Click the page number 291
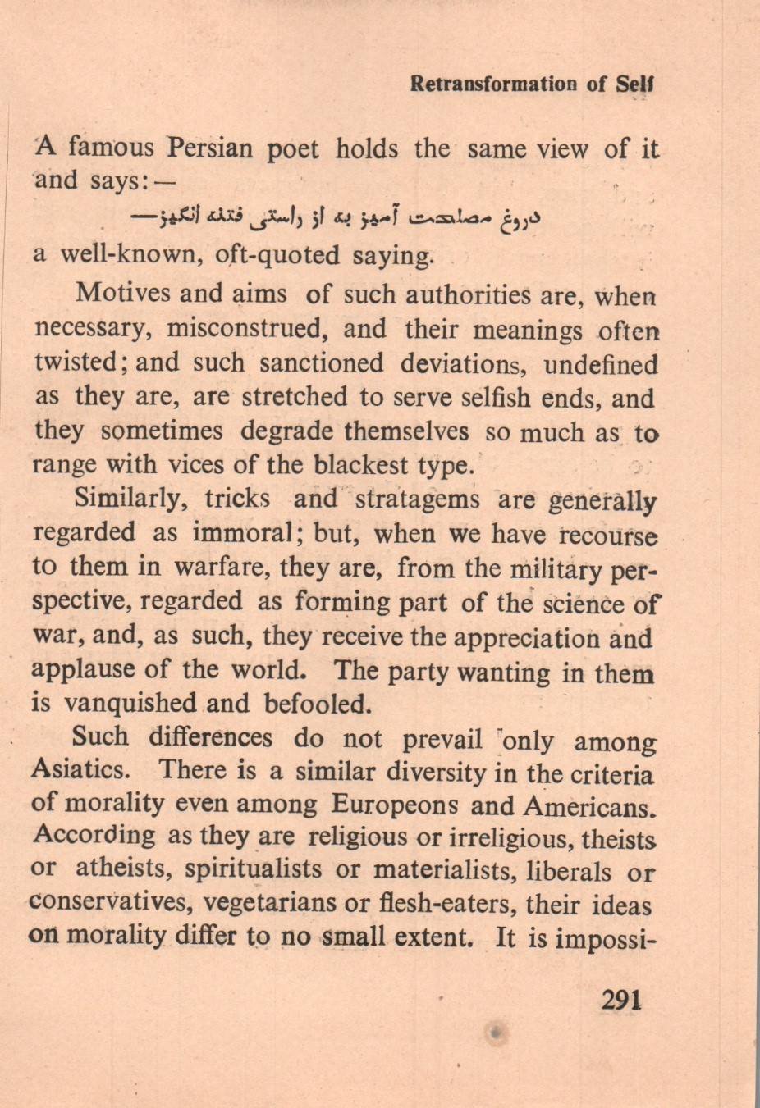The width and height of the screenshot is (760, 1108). pos(620,1001)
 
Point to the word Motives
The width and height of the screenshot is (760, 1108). pos(121,294)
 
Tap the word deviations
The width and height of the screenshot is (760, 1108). pos(464,363)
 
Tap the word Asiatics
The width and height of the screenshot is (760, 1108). pos(80,770)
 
